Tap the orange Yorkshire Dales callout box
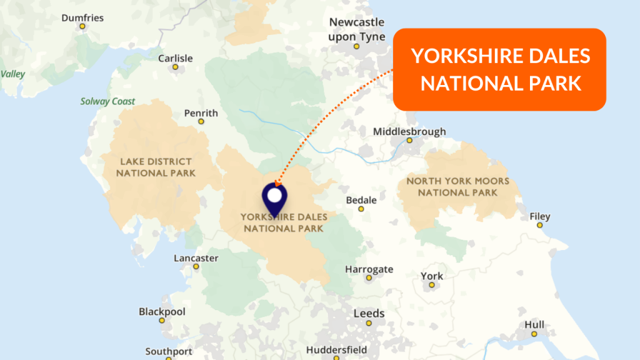[500, 69]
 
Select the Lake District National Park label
[156, 167]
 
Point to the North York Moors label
[457, 187]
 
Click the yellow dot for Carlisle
[176, 67]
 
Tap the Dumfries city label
[82, 17]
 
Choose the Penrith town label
[201, 113]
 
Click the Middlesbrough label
[409, 131]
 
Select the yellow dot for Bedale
[361, 209]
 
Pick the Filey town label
[540, 216]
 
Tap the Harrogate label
[369, 269]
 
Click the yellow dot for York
[431, 286]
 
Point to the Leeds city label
[369, 313]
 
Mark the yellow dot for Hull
[534, 334]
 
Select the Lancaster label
[196, 258]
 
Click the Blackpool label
[162, 311]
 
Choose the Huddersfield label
[336, 349]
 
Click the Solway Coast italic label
[107, 101]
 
